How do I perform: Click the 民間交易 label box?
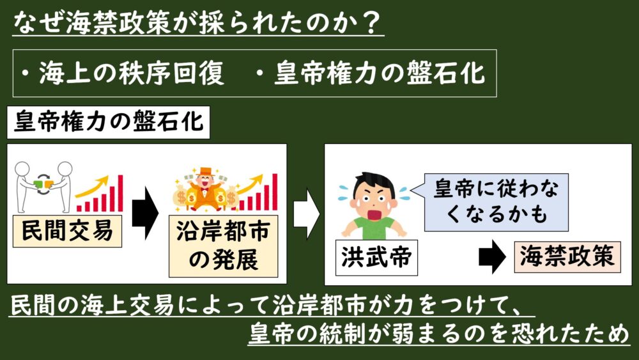[67, 231]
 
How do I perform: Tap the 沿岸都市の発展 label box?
[223, 246]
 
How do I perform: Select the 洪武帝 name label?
[376, 258]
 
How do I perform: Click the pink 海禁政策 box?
[567, 257]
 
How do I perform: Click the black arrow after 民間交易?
[145, 213]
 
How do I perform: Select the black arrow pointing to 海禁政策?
[492, 257]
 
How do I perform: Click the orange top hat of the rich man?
[205, 171]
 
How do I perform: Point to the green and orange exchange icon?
[43, 185]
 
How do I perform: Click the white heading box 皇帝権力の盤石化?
[109, 122]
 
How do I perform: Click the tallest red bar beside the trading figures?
[120, 193]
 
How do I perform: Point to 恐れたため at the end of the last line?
[576, 334]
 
